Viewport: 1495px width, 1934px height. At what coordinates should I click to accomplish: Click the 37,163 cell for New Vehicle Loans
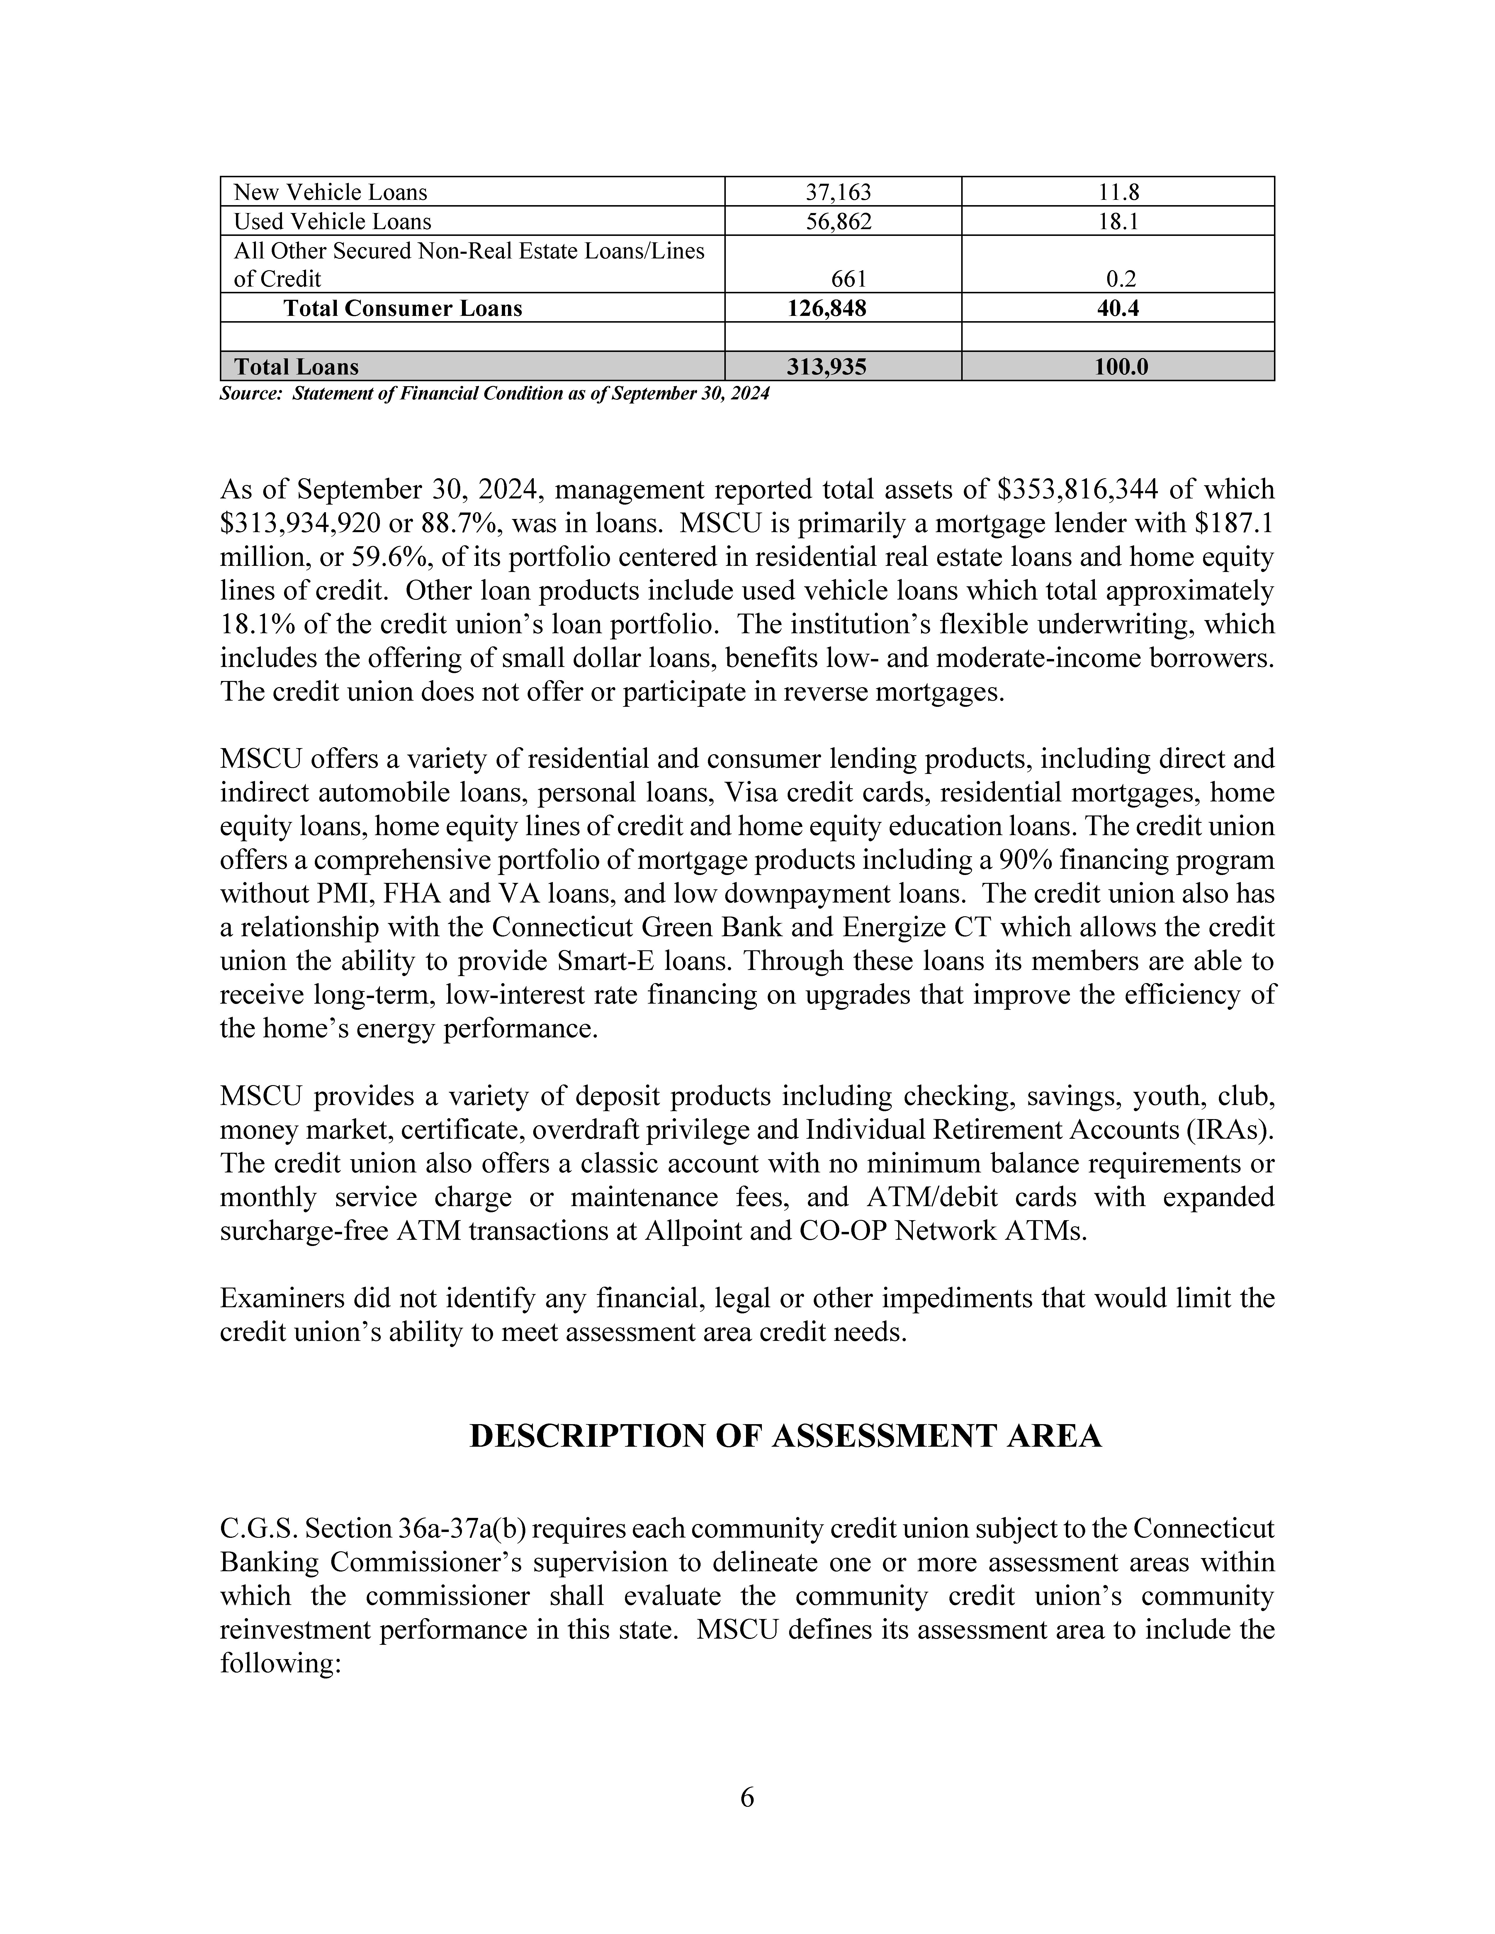click(838, 192)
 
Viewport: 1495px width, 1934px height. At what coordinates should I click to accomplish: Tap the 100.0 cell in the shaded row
click(1120, 367)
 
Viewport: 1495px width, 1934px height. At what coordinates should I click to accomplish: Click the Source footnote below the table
click(494, 394)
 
